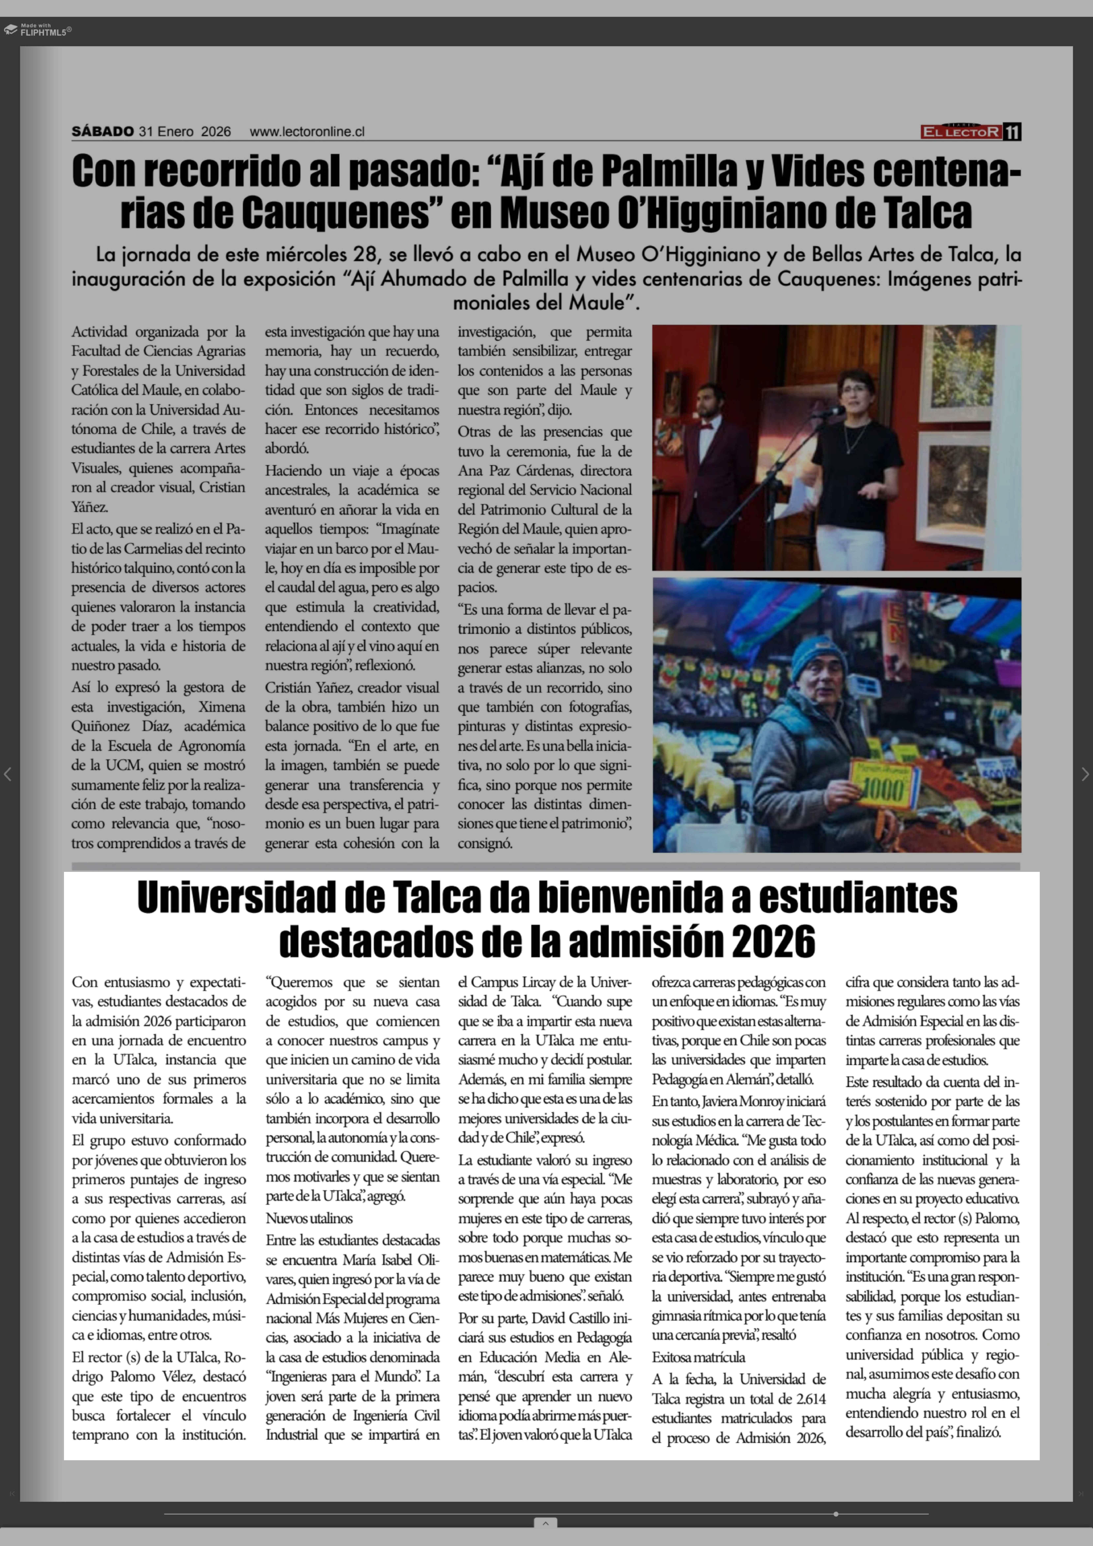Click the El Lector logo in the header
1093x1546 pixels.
tap(961, 132)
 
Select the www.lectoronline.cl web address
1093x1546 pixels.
tap(307, 132)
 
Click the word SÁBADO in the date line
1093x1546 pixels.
tap(102, 131)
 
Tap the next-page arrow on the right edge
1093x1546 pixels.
tap(1084, 774)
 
